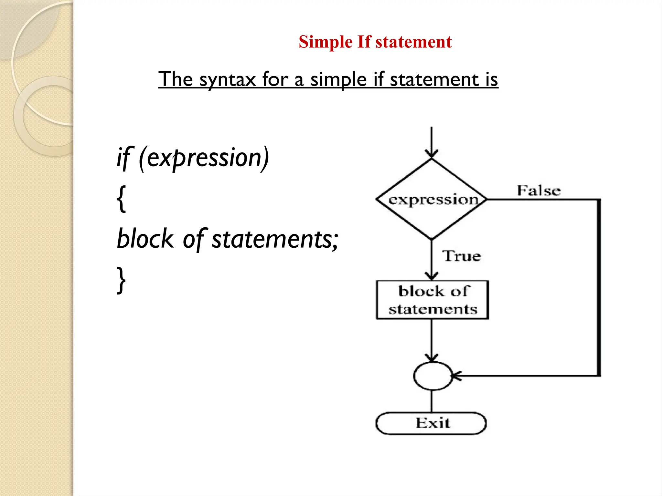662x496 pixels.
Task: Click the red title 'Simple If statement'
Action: pos(375,42)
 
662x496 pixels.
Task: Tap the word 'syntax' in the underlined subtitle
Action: pos(227,79)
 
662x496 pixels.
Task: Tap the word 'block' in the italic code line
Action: pos(145,239)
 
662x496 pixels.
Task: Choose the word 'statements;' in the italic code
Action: pos(275,239)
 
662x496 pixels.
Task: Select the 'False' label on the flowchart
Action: pos(539,191)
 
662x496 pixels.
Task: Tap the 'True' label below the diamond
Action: pos(462,256)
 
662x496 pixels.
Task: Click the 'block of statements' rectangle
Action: pos(432,300)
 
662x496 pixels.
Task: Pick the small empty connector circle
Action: pos(432,376)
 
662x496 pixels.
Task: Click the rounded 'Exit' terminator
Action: pos(431,423)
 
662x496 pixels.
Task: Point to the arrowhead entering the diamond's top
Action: pos(432,154)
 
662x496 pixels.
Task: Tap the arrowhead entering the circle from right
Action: pos(456,376)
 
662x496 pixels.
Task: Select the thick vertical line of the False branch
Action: pos(599,287)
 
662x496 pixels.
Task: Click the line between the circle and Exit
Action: pos(432,401)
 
